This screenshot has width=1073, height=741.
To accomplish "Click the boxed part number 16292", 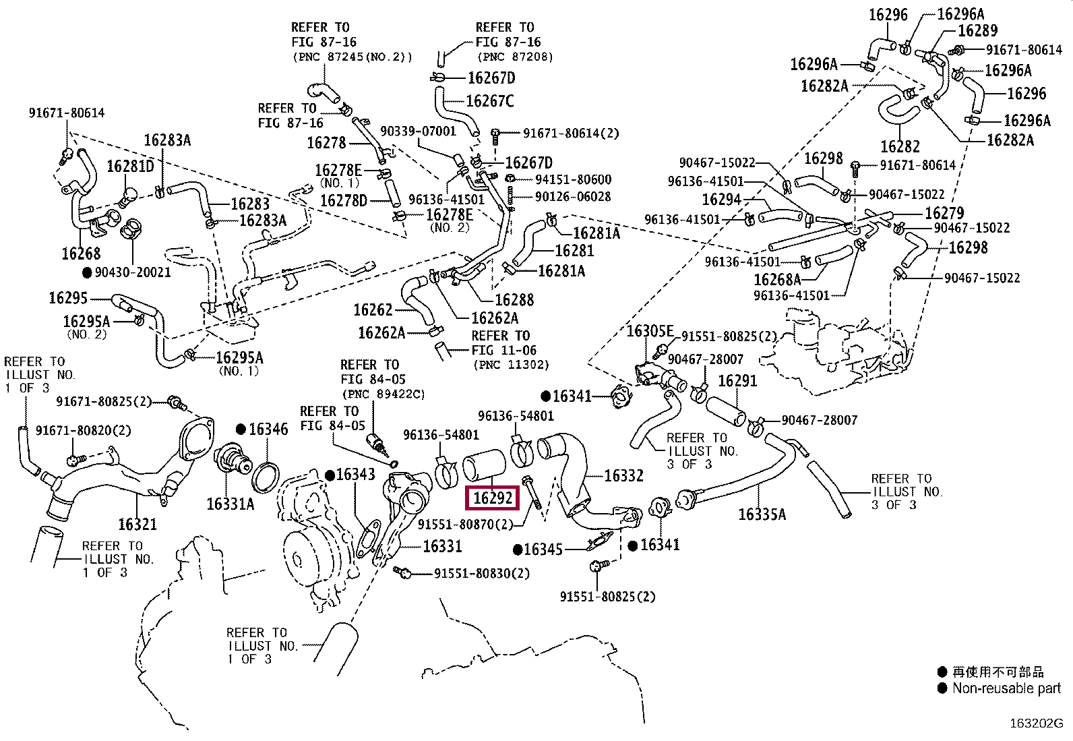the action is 493,498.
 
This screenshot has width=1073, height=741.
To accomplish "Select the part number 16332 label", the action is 623,475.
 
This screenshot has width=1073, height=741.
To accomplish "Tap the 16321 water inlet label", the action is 137,524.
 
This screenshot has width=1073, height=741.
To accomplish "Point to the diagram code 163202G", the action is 1036,723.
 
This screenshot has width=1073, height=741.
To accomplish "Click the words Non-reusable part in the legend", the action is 1006,688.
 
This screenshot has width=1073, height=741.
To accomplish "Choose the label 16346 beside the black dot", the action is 269,429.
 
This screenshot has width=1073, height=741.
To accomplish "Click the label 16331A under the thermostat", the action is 231,504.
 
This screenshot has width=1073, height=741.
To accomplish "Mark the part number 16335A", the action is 762,514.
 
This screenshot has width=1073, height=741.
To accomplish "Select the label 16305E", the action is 650,330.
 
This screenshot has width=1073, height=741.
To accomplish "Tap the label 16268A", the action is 777,279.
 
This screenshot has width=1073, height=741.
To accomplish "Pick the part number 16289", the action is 978,30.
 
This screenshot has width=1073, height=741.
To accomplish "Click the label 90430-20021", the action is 133,272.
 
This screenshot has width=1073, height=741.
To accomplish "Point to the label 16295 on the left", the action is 68,297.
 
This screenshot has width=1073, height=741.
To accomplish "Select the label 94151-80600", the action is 574,179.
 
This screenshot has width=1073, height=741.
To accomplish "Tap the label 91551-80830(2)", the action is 482,573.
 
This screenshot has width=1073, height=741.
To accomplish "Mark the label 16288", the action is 514,300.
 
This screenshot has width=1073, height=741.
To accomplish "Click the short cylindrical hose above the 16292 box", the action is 484,465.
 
